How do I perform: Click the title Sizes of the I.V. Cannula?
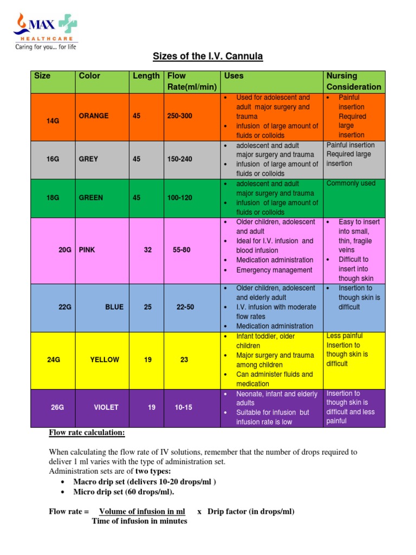pos(207,57)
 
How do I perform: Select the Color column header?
pos(89,76)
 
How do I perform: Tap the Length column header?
pos(146,76)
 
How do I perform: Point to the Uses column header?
pos(233,76)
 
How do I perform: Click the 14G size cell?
pos(53,121)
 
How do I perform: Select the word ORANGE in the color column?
pos(94,116)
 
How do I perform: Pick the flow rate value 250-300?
pos(180,116)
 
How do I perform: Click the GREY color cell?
pos(88,159)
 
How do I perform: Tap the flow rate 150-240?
pos(180,159)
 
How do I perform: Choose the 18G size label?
pos(53,198)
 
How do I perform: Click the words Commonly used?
pos(350,184)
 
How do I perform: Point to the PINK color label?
pos(87,250)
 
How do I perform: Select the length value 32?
pos(148,250)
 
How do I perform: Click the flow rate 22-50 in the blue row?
pos(185,307)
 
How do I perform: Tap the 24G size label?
pos(53,359)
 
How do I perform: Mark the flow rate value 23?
pos(185,359)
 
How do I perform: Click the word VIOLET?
pos(106,407)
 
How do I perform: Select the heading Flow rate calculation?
pos(87,433)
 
